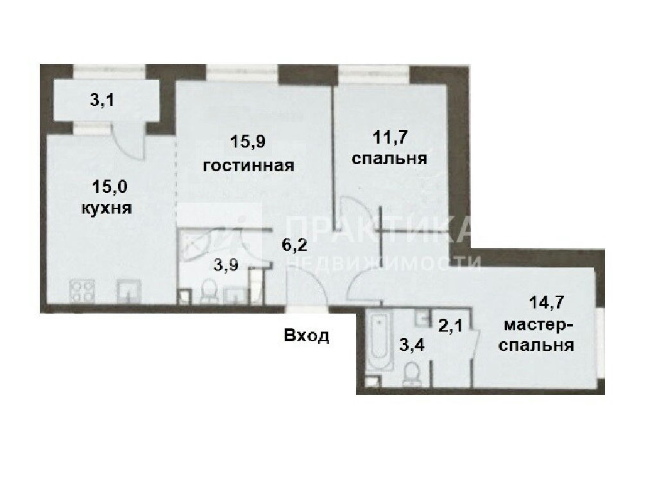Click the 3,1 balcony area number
(102, 101)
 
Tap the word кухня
(107, 208)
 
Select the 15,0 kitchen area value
(109, 187)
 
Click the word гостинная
(248, 166)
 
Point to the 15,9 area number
(248, 142)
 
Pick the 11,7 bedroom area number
(391, 137)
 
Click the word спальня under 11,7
(389, 159)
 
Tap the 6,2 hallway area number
(294, 244)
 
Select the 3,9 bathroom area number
(226, 265)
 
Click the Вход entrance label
(306, 335)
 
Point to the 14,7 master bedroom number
(547, 302)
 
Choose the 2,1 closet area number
(450, 325)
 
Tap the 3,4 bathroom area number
(412, 345)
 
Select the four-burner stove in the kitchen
(81, 291)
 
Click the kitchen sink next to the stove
(129, 291)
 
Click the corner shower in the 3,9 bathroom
(195, 245)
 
